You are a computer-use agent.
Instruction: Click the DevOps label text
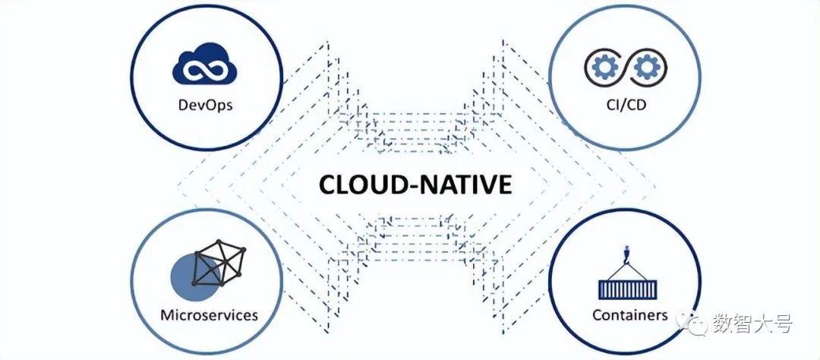pyautogui.click(x=204, y=104)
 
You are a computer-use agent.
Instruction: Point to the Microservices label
pyautogui.click(x=210, y=314)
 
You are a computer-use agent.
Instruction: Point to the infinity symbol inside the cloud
pyautogui.click(x=204, y=70)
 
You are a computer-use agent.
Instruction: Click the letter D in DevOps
pyautogui.click(x=181, y=104)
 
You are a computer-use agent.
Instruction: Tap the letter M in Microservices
pyautogui.click(x=167, y=314)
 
